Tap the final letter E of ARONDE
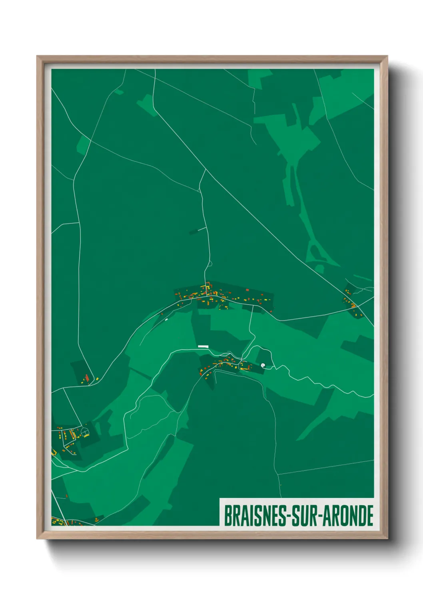click(x=370, y=516)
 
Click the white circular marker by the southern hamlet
click(x=263, y=365)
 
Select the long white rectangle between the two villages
click(x=203, y=346)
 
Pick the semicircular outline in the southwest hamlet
click(x=84, y=432)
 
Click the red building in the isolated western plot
click(x=87, y=377)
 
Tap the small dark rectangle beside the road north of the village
click(x=194, y=232)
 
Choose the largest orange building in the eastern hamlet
click(x=353, y=306)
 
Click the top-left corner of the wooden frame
click(x=37, y=56)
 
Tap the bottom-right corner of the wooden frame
click(x=387, y=538)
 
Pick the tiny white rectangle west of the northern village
click(x=166, y=319)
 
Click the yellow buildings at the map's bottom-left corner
click(x=57, y=521)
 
